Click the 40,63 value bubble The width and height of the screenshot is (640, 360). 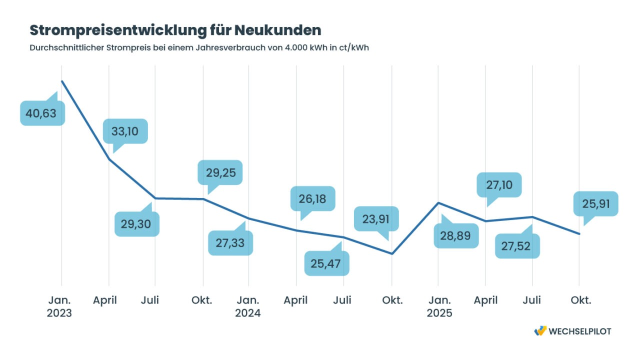click(42, 113)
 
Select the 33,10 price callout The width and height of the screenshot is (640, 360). click(125, 131)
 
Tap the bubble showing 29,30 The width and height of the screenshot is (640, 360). click(136, 224)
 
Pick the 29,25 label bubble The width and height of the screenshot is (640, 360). click(220, 172)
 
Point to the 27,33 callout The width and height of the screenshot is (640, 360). click(230, 243)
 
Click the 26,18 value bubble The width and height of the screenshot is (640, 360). click(312, 199)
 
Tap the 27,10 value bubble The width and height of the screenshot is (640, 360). click(499, 185)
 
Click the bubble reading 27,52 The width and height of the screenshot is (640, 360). click(517, 246)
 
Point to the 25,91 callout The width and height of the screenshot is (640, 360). click(595, 203)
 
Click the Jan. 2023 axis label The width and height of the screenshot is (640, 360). click(60, 306)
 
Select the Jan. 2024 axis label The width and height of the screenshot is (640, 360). click(248, 306)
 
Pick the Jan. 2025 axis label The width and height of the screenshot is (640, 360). click(439, 306)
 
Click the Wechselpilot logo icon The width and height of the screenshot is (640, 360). click(540, 331)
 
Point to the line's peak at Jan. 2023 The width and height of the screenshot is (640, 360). click(61, 81)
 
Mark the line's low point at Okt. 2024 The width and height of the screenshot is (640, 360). click(392, 253)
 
